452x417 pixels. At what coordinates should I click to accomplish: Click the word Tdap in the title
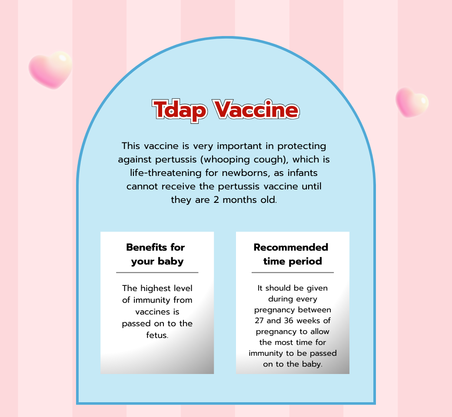point(179,111)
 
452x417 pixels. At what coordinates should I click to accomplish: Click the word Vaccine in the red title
point(256,109)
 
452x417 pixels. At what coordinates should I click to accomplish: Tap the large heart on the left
point(50,70)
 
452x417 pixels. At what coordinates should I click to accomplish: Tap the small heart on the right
point(412,103)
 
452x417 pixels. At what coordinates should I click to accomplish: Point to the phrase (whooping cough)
point(244,160)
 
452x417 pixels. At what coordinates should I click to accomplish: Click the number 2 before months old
point(216,200)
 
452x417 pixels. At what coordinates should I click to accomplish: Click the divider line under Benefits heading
point(157,272)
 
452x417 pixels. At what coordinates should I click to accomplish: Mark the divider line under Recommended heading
point(292,272)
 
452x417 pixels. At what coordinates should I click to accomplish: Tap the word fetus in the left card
point(157,335)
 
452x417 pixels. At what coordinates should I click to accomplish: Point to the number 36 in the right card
point(289,321)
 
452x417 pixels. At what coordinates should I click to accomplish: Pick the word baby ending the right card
point(312,364)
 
